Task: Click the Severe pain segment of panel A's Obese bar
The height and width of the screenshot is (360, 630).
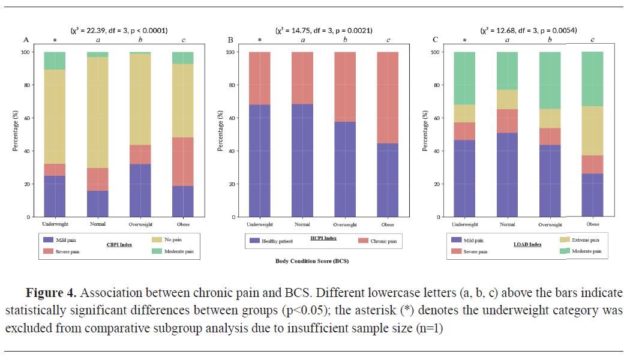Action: point(182,161)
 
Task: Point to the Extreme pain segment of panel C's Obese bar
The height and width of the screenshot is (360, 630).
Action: point(592,131)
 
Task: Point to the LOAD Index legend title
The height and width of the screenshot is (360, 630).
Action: point(528,245)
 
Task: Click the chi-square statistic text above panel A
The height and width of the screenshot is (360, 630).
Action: point(119,30)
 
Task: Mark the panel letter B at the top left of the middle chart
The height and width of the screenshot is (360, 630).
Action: point(231,40)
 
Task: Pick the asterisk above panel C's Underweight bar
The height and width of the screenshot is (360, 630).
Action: point(465,41)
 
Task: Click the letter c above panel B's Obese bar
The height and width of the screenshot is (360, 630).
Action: point(388,40)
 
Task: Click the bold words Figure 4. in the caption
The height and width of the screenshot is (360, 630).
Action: point(51,293)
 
